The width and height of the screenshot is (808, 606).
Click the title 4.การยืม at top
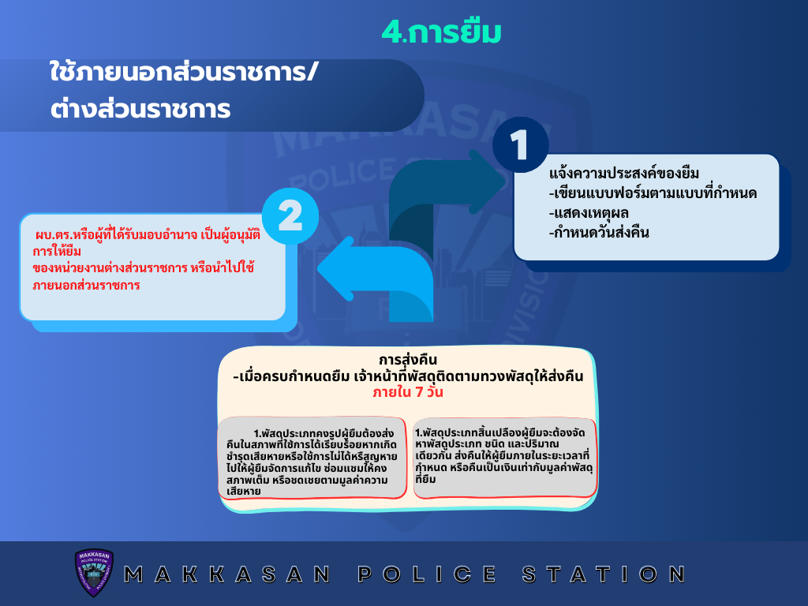442,32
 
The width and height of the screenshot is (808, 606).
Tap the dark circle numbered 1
521,145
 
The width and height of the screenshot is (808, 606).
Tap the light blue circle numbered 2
290,216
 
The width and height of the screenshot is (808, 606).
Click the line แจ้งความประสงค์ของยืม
624,173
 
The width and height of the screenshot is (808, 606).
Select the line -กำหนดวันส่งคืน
599,233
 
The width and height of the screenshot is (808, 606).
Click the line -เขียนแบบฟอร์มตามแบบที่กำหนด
653,193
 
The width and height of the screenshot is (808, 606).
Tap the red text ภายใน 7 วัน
408,392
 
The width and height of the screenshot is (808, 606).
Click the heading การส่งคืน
408,360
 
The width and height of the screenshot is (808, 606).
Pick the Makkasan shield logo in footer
94,573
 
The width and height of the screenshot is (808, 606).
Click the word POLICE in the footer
427,574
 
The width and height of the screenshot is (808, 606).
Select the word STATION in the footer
604,574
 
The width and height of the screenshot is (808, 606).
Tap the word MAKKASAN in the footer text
227,574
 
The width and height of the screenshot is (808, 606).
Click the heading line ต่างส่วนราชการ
140,109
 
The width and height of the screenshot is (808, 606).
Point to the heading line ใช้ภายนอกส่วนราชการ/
185,72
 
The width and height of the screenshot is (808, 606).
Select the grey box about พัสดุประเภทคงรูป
312,458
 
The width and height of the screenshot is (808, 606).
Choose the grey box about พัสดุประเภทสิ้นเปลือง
505,458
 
